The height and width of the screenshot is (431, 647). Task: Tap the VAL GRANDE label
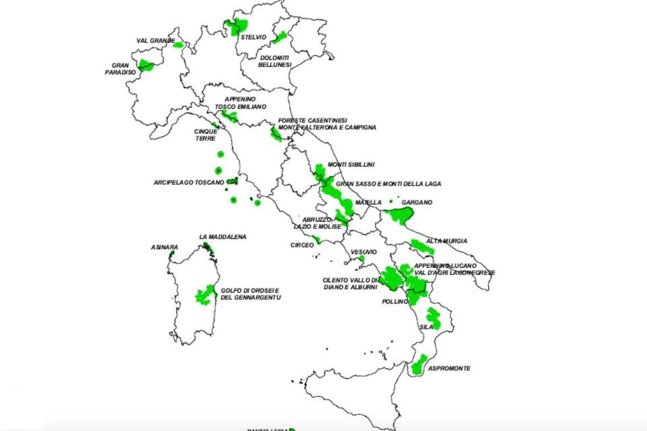coord(155,40)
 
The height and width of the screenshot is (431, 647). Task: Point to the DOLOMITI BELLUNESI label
coord(276,61)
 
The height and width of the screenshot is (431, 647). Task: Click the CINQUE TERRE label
coord(206,135)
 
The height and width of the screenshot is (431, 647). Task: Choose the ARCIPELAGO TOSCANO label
coord(189,182)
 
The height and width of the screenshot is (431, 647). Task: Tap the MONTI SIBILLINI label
coord(351,164)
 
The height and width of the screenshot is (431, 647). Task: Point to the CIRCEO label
coord(302,245)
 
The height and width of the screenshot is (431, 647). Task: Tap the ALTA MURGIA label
coord(447,241)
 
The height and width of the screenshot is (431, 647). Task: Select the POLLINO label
coord(395,301)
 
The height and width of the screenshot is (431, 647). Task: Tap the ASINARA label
coord(164,248)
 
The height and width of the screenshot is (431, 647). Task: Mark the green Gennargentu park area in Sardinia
coord(205,295)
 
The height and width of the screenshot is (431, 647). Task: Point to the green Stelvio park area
coord(236,26)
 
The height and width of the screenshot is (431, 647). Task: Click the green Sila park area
coord(433,318)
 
